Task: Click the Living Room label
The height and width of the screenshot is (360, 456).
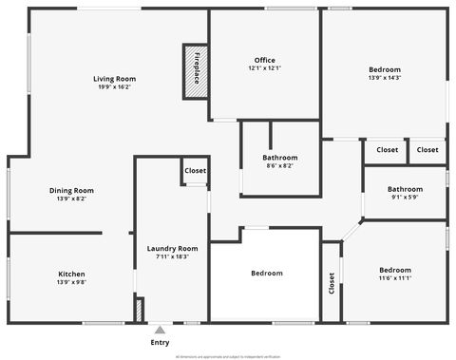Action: click(113, 78)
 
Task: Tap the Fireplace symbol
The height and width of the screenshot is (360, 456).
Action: click(196, 70)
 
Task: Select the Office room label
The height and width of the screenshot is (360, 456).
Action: click(265, 60)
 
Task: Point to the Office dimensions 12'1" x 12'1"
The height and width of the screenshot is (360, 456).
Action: click(265, 68)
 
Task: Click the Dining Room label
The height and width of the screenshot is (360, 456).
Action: click(71, 190)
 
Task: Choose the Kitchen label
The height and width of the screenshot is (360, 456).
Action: click(71, 274)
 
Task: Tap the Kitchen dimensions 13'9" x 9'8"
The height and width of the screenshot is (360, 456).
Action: click(71, 282)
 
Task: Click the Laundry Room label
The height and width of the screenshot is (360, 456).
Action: click(172, 248)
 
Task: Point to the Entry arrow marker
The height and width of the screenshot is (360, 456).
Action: click(160, 330)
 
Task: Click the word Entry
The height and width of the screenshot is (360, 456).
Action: click(160, 342)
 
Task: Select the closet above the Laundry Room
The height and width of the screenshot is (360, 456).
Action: click(195, 171)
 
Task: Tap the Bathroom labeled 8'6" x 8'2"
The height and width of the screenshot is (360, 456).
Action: click(280, 157)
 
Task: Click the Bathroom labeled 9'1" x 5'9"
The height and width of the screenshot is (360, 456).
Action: click(405, 188)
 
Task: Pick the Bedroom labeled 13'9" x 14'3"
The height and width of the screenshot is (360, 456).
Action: click(385, 69)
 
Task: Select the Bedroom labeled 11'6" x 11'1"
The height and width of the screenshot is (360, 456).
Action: click(394, 270)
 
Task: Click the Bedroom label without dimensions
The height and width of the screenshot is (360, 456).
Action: click(267, 274)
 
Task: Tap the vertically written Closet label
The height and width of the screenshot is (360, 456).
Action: click(332, 282)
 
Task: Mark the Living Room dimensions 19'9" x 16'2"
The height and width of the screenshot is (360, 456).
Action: click(113, 86)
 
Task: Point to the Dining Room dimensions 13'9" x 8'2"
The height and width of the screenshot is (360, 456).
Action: click(71, 199)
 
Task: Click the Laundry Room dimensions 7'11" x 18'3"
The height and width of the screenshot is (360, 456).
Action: click(172, 256)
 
